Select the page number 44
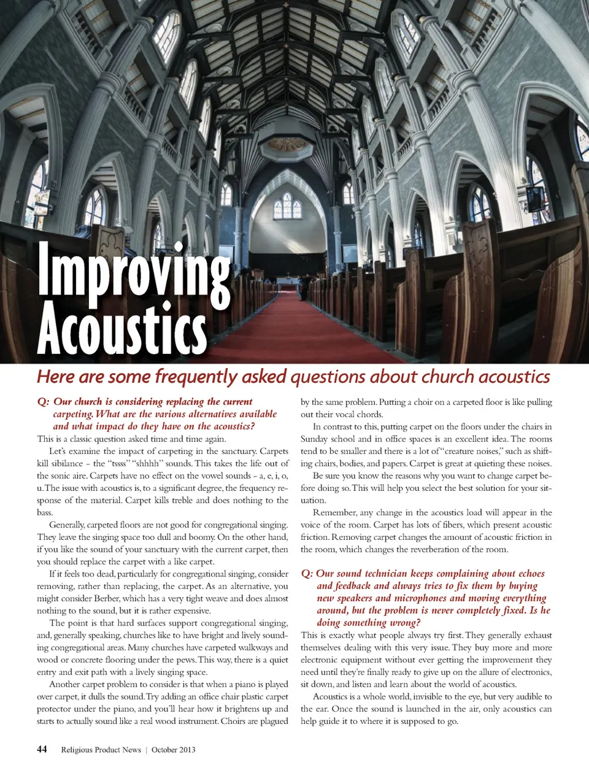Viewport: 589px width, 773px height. pyautogui.click(x=42, y=749)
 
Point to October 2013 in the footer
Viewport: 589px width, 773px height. pyautogui.click(x=174, y=750)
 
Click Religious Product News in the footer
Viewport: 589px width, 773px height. pyautogui.click(x=101, y=750)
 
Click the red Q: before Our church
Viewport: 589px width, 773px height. pyautogui.click(x=43, y=402)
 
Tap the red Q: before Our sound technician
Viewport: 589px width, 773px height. pyautogui.click(x=307, y=574)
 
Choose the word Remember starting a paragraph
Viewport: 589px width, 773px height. pyautogui.click(x=334, y=512)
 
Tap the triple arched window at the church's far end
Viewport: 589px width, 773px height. pyautogui.click(x=287, y=207)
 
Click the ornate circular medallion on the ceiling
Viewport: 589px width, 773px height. pyautogui.click(x=287, y=145)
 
